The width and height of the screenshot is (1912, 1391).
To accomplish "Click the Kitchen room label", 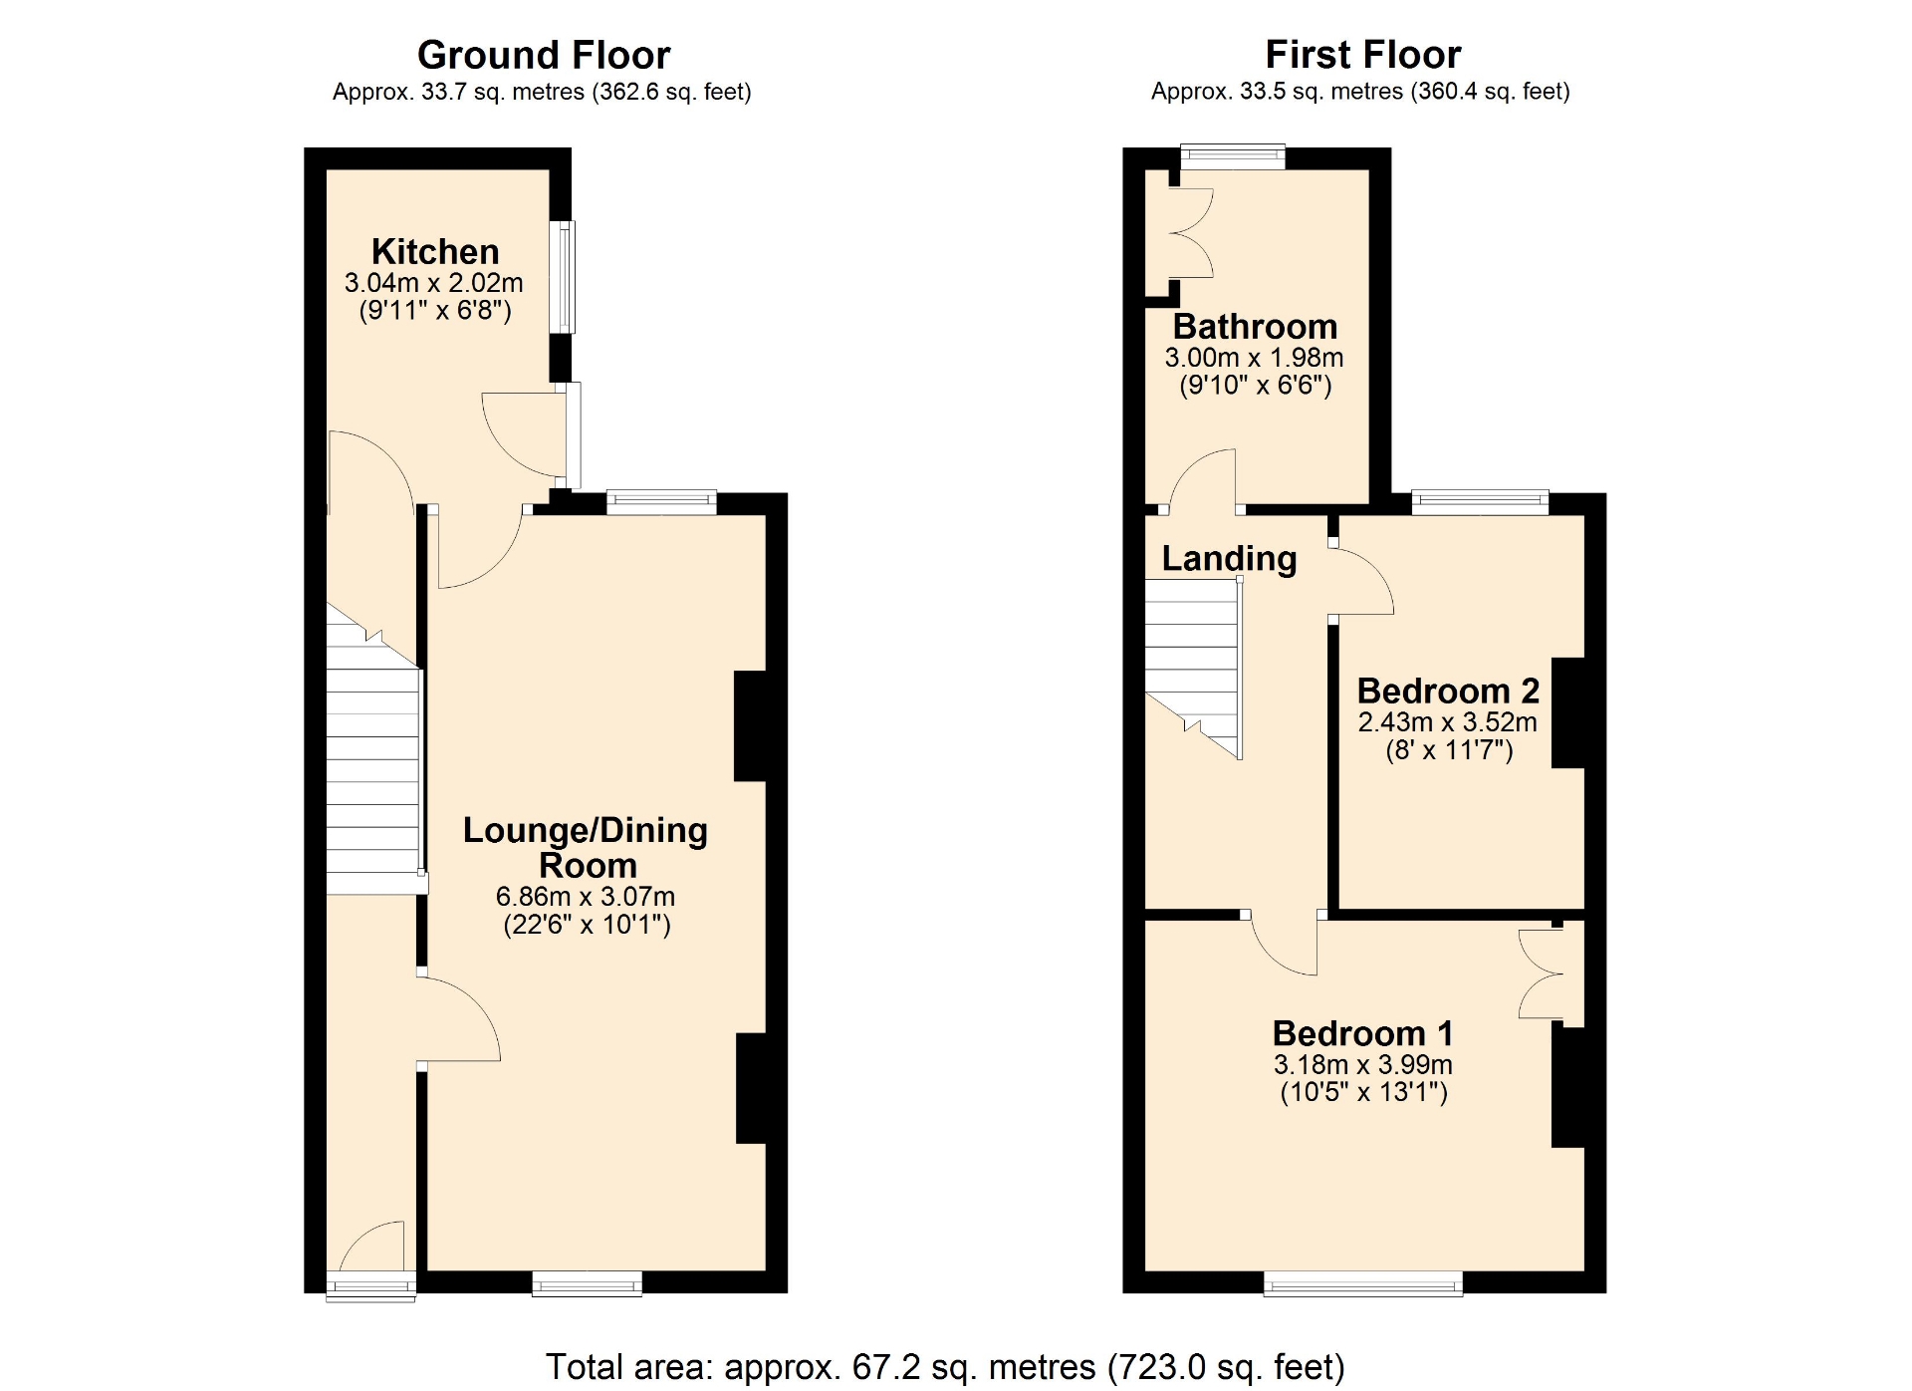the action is (435, 251).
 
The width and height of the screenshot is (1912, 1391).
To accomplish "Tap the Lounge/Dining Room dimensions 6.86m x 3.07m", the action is (586, 897).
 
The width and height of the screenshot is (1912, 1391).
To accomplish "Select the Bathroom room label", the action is (1255, 327).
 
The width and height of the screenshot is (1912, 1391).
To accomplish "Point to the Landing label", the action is (1229, 559).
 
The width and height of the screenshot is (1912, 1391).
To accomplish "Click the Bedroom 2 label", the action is (1448, 691).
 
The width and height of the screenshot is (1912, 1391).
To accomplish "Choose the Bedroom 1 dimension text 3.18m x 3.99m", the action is (1363, 1065).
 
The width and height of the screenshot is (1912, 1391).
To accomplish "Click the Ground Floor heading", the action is (544, 55).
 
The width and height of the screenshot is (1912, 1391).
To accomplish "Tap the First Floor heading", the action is (1363, 54).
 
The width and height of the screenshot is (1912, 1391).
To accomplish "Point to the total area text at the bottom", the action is (945, 1367).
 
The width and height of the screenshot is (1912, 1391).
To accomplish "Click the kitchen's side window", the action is (563, 276).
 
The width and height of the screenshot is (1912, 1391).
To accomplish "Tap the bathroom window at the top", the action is (1233, 156).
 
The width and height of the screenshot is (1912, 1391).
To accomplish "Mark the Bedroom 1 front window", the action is (1363, 1282).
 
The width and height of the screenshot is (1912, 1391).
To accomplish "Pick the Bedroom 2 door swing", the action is (1362, 581).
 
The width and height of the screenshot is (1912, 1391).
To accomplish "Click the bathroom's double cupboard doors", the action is (1192, 232).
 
